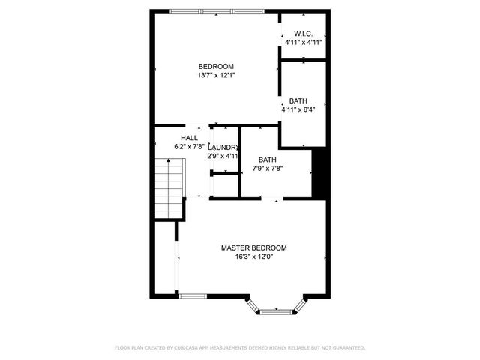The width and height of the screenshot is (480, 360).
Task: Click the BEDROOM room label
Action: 216,66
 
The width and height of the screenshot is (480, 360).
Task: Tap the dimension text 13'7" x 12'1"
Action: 216,75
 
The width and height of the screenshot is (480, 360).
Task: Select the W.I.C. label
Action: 303,34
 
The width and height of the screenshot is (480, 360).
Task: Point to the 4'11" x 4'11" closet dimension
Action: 303,43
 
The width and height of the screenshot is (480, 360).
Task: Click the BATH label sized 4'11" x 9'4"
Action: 298,101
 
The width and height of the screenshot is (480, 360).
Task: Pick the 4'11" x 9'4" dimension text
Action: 298,109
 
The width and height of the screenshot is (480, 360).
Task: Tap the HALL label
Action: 189,138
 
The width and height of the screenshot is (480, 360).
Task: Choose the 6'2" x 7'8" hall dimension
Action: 189,147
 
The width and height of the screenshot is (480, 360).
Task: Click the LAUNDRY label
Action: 224,148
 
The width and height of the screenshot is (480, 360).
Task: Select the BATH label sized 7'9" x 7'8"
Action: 268,160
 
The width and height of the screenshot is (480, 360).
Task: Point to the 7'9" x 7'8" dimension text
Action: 268,169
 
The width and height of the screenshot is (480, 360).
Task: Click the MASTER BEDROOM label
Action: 253,247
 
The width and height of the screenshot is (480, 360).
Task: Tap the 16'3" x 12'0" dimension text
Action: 253,256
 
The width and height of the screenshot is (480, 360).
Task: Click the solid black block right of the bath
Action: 319,173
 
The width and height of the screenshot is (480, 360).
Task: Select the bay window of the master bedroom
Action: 277,307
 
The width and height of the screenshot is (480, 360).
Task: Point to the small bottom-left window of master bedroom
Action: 192,296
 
